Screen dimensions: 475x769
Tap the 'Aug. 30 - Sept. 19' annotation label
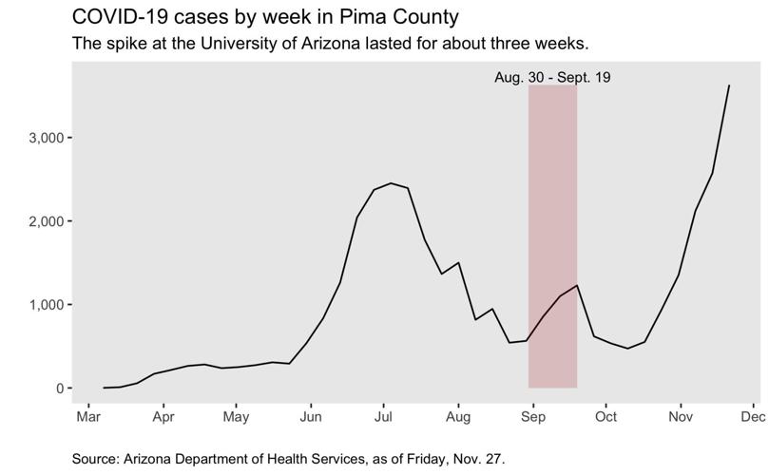(552, 78)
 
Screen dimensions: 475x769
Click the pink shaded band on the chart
(552, 237)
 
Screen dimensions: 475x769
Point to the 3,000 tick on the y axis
(46, 138)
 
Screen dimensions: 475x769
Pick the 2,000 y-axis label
(46, 221)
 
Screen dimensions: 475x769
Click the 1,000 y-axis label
(46, 305)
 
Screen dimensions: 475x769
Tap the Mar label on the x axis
(88, 416)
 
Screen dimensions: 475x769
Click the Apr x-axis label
(163, 416)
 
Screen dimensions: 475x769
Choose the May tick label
(236, 416)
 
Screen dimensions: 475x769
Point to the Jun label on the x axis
(311, 416)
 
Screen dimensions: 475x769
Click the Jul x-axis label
(383, 416)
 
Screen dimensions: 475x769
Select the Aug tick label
(458, 416)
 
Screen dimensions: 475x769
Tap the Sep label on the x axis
(532, 416)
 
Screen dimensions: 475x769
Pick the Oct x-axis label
(606, 416)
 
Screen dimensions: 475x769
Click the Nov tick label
(680, 416)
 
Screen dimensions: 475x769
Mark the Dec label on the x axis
(752, 416)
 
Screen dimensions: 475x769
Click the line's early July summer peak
(391, 183)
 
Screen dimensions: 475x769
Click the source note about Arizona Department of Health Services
(289, 458)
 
